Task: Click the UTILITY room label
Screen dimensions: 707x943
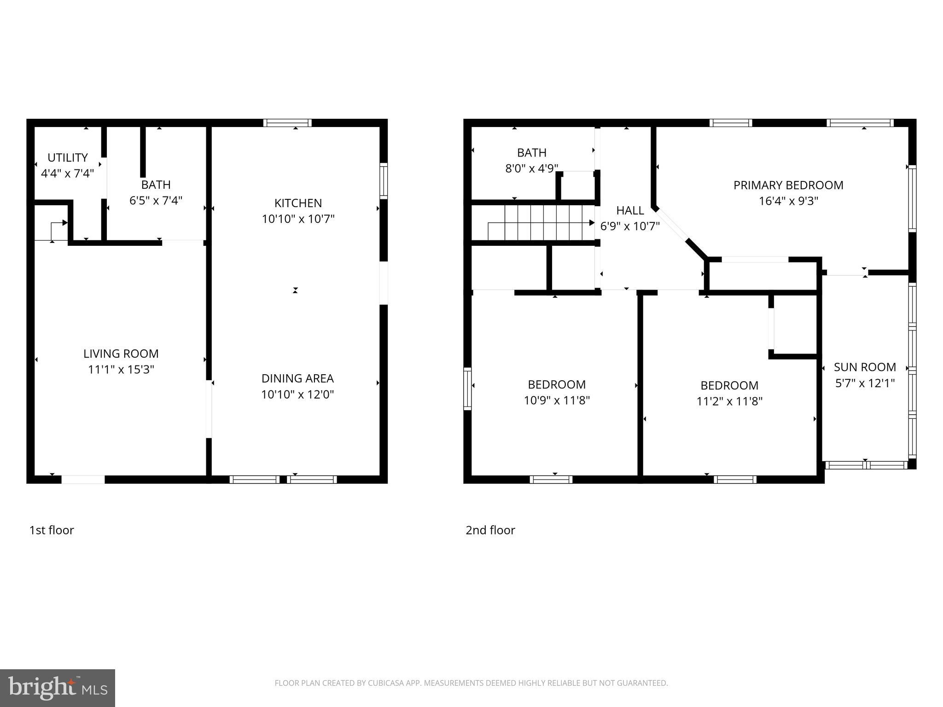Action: tap(67, 158)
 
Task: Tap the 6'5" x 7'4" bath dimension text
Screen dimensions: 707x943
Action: tap(156, 201)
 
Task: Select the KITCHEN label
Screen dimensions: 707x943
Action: tap(298, 203)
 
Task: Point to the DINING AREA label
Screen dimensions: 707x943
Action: tap(297, 378)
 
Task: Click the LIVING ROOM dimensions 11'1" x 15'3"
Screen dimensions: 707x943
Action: tap(121, 370)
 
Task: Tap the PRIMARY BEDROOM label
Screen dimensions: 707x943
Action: tap(788, 185)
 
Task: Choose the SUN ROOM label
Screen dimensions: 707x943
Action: tap(865, 367)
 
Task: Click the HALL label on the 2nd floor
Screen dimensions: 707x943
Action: tap(630, 210)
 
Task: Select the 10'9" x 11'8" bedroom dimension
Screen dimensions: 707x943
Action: tap(557, 400)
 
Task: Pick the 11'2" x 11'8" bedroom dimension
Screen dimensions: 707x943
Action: tap(729, 401)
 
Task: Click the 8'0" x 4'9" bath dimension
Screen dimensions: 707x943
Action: tap(532, 168)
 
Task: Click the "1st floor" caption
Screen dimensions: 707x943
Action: tap(52, 530)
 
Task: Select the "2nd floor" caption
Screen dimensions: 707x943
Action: tap(490, 530)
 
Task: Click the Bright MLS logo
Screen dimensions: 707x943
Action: tap(58, 688)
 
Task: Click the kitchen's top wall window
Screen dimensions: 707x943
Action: tap(287, 123)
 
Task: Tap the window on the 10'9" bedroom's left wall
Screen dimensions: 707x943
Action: tap(467, 389)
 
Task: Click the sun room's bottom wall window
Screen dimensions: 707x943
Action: tap(866, 465)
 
